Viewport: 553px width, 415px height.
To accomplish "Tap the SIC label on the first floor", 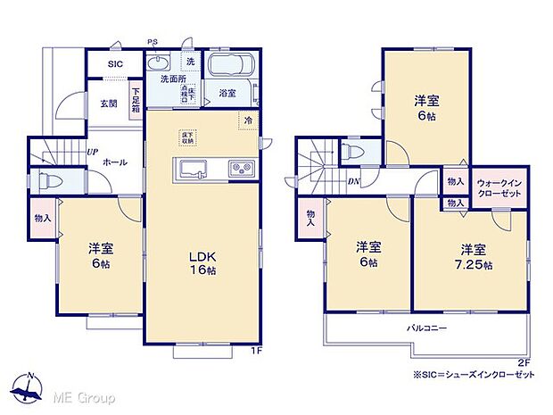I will tap(116, 64).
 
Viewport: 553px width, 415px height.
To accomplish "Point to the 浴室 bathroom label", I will tap(227, 93).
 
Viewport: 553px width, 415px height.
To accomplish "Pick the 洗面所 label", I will tap(173, 79).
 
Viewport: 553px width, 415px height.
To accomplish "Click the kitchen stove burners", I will tap(241, 168).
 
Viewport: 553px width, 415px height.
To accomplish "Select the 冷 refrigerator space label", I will tap(248, 120).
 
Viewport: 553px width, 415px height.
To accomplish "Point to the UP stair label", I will tap(93, 152).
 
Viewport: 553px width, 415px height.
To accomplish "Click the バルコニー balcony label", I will tap(427, 328).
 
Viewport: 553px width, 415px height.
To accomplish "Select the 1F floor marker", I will tap(255, 350).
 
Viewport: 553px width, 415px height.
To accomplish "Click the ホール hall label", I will tap(114, 162).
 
